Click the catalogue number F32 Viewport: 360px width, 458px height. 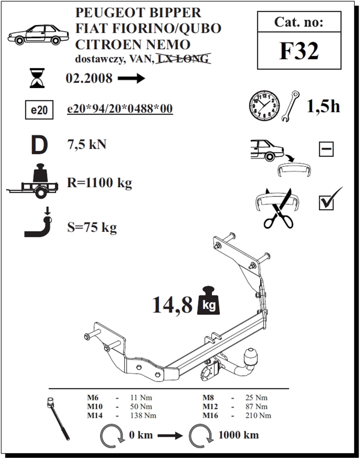point(299,51)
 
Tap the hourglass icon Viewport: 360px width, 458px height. point(37,78)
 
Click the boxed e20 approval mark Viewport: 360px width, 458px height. point(39,110)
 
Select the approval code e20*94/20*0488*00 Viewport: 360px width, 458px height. point(120,108)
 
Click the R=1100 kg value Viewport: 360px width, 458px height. point(99,183)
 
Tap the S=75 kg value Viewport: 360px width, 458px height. point(92,227)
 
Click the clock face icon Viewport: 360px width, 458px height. point(264,106)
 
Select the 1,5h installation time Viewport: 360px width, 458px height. point(323,106)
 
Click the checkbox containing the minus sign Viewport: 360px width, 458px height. point(326,149)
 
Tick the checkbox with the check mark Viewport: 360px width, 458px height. point(327,202)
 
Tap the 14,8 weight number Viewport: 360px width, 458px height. point(172,305)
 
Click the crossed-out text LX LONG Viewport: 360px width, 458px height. point(183,59)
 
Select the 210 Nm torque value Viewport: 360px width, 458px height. point(258,415)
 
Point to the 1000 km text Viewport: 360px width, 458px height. point(239,435)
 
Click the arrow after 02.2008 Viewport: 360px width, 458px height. point(131,78)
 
